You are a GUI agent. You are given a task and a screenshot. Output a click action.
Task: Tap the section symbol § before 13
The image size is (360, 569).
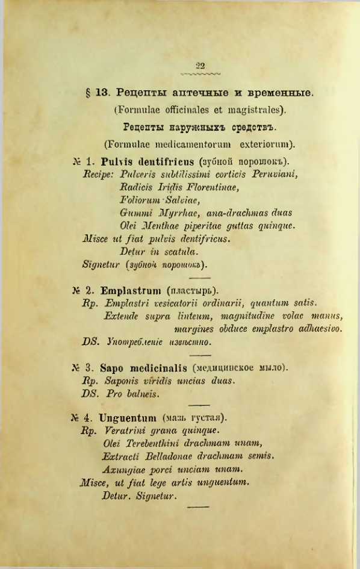click(x=89, y=93)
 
